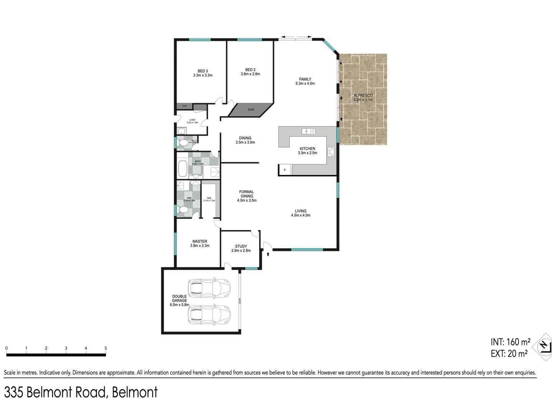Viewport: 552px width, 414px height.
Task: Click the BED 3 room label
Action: coord(203,71)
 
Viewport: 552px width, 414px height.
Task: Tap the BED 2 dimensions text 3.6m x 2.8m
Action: coord(250,74)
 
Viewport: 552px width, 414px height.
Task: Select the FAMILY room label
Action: coord(305,79)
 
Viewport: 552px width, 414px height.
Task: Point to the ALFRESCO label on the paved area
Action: coord(363,95)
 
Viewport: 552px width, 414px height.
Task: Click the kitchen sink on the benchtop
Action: coord(308,131)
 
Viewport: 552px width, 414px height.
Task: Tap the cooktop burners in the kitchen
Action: coord(331,152)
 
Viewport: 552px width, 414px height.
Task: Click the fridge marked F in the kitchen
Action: coord(285,170)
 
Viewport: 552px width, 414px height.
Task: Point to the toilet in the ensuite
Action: coord(183,210)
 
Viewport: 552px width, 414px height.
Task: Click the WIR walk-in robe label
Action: coord(209,198)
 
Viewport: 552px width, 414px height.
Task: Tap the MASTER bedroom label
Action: coord(200,242)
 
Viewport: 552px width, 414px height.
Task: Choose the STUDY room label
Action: coord(241,246)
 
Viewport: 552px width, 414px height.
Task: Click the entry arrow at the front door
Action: coord(268,254)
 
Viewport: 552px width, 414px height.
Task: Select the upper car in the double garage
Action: coord(209,288)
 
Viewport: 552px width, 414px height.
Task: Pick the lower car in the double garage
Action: coord(209,315)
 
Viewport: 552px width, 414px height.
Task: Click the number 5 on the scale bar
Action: coord(106,348)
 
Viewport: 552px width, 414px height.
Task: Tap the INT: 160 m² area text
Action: coord(510,342)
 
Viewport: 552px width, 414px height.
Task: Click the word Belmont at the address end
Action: coord(135,393)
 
